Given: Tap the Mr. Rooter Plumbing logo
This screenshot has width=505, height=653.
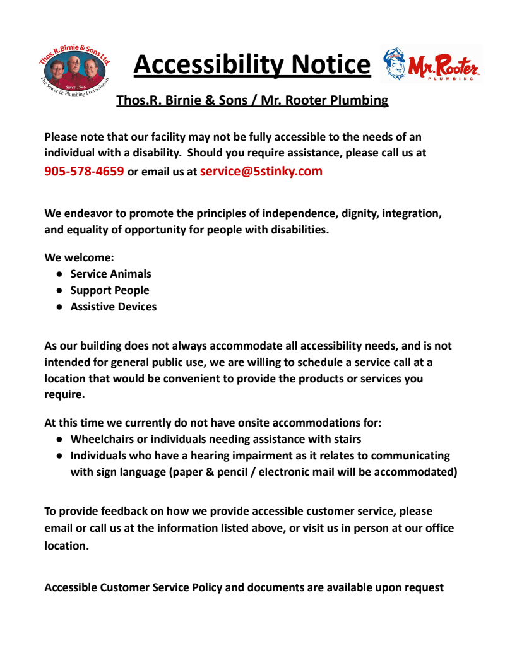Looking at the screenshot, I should (x=432, y=64).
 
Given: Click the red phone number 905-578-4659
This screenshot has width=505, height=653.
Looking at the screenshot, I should (x=84, y=171).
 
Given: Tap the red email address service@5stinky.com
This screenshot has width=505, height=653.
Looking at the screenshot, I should (x=261, y=171).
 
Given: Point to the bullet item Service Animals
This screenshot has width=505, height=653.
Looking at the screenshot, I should (x=110, y=274).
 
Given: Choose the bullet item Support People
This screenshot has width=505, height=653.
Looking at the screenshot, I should (x=110, y=290).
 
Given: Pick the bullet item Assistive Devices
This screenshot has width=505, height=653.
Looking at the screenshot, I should (x=114, y=307).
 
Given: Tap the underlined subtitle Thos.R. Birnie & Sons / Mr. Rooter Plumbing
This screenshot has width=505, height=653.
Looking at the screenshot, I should (x=252, y=100).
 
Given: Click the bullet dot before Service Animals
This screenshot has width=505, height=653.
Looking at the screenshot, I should (x=58, y=274).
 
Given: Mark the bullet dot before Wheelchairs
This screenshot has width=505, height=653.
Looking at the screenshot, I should (x=58, y=439).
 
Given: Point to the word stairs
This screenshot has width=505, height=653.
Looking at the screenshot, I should (x=345, y=439).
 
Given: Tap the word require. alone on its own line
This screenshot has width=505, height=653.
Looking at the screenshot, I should (x=64, y=395).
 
